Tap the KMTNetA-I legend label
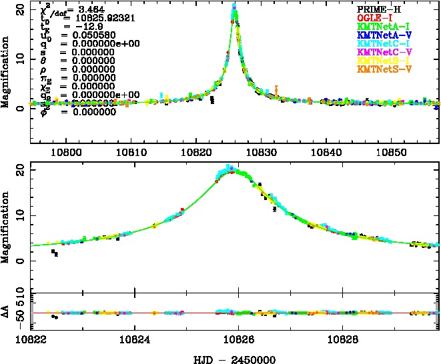pyautogui.click(x=380, y=26)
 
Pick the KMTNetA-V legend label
pyautogui.click(x=380, y=34)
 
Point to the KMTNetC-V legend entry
pyautogui.click(x=380, y=51)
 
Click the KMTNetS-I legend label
pyautogui.click(x=380, y=60)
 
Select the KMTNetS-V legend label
pyautogui.click(x=380, y=69)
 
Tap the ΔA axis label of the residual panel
pyautogui.click(x=6, y=312)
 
